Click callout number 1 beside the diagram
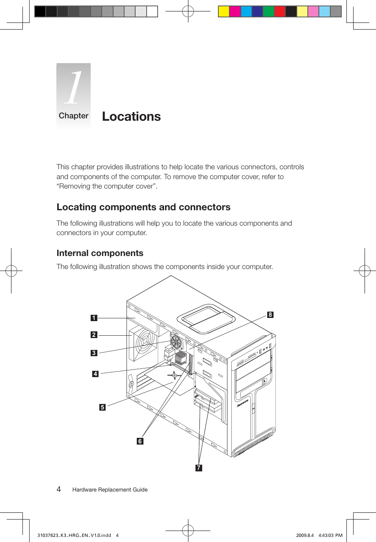pyautogui.click(x=94, y=318)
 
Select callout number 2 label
pyautogui.click(x=94, y=335)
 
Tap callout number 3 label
pyautogui.click(x=94, y=353)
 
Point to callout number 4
pyautogui.click(x=95, y=374)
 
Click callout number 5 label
pyautogui.click(x=102, y=407)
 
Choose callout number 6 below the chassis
pyautogui.click(x=140, y=441)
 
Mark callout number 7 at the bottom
pyautogui.click(x=199, y=468)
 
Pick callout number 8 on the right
pyautogui.click(x=270, y=315)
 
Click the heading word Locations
pyautogui.click(x=131, y=117)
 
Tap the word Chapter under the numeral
pyautogui.click(x=73, y=116)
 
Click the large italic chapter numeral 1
pyautogui.click(x=74, y=88)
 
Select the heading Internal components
pyautogui.click(x=100, y=253)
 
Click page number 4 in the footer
pyautogui.click(x=59, y=490)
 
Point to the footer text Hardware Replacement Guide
pyautogui.click(x=110, y=490)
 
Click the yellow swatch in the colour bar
pyautogui.click(x=224, y=11)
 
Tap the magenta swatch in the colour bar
pyautogui.click(x=235, y=11)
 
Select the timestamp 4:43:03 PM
pyautogui.click(x=330, y=535)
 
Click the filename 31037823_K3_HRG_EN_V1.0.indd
pyautogui.click(x=74, y=535)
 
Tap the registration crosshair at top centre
pyautogui.click(x=188, y=11)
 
